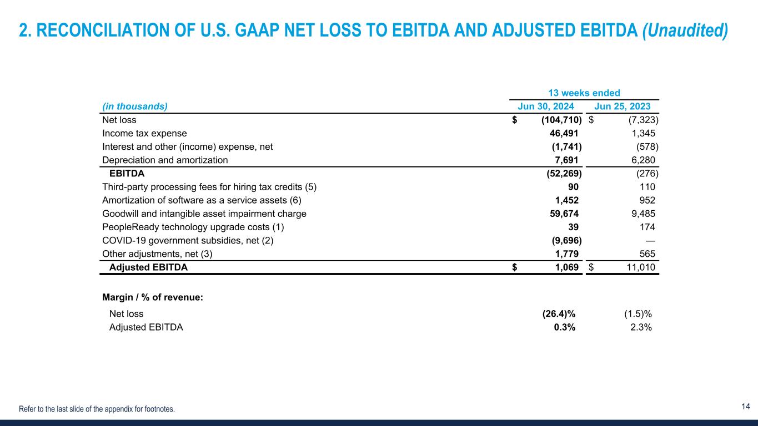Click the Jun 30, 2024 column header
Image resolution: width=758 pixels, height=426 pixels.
[546, 106]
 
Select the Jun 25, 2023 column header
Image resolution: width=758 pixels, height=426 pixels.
[623, 106]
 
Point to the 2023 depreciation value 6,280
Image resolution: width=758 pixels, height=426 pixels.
[643, 160]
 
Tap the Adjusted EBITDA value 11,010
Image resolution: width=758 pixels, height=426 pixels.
[637, 267]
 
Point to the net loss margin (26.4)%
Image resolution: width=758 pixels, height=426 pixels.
[559, 313]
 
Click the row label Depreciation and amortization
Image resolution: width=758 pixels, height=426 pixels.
[165, 160]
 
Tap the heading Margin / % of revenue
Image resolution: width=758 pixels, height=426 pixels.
[153, 297]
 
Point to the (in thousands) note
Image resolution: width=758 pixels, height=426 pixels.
[135, 106]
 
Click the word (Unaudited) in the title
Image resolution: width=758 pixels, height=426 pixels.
[685, 31]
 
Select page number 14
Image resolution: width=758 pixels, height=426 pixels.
[746, 407]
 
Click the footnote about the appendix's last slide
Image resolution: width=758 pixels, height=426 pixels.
[97, 409]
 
